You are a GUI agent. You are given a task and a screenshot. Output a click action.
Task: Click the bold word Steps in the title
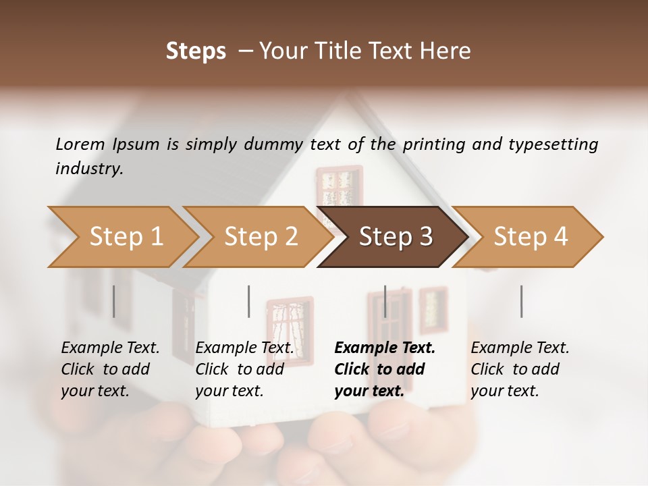pyautogui.click(x=196, y=51)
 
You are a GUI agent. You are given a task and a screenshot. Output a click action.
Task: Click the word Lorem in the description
pyautogui.click(x=80, y=144)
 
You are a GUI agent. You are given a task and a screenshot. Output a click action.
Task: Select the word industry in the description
pyautogui.click(x=89, y=168)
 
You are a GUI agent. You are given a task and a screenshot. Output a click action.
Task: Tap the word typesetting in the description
pyautogui.click(x=553, y=144)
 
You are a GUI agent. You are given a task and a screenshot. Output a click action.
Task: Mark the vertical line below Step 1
pyautogui.click(x=113, y=301)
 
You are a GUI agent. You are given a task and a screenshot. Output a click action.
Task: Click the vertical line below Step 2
pyautogui.click(x=249, y=301)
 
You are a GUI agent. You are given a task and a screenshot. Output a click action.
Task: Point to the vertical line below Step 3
pyautogui.click(x=385, y=301)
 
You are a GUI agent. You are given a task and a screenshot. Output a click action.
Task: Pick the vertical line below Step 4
pyautogui.click(x=521, y=301)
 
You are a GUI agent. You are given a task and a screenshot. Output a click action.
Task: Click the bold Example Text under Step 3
pyautogui.click(x=385, y=348)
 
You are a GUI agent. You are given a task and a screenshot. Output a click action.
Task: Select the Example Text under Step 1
pyautogui.click(x=110, y=348)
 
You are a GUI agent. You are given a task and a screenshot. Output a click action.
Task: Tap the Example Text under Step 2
pyautogui.click(x=244, y=348)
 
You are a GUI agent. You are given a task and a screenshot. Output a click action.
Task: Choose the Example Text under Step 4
pyautogui.click(x=520, y=348)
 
